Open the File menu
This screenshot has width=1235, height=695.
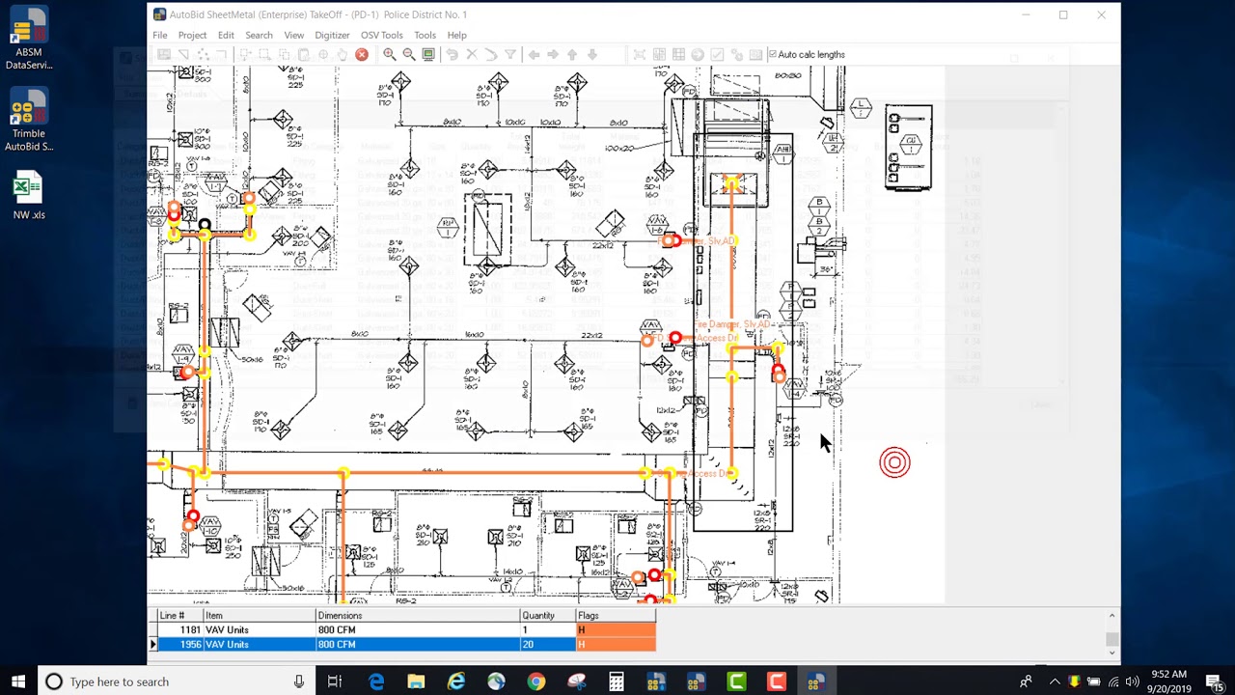coord(159,35)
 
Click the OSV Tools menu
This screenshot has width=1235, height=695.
coord(381,35)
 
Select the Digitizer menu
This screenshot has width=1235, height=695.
coord(332,35)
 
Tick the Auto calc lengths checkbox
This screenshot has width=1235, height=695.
coord(772,55)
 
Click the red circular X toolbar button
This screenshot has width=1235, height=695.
coord(362,55)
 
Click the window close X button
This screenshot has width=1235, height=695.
coord(1101,14)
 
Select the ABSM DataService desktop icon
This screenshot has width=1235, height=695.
coord(28,40)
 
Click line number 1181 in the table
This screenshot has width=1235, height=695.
coord(188,629)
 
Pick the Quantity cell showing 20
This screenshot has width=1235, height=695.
coord(528,644)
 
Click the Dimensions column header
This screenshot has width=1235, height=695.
coord(340,615)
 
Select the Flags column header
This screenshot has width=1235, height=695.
coord(588,615)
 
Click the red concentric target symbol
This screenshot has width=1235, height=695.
coord(894,462)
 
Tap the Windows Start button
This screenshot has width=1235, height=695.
coord(18,681)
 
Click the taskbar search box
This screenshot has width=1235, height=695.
coord(174,681)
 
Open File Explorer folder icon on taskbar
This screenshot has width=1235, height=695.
coord(416,681)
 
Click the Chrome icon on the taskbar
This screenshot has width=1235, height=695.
coord(535,681)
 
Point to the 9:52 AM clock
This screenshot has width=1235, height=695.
coord(1168,675)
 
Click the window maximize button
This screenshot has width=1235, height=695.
coord(1063,14)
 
